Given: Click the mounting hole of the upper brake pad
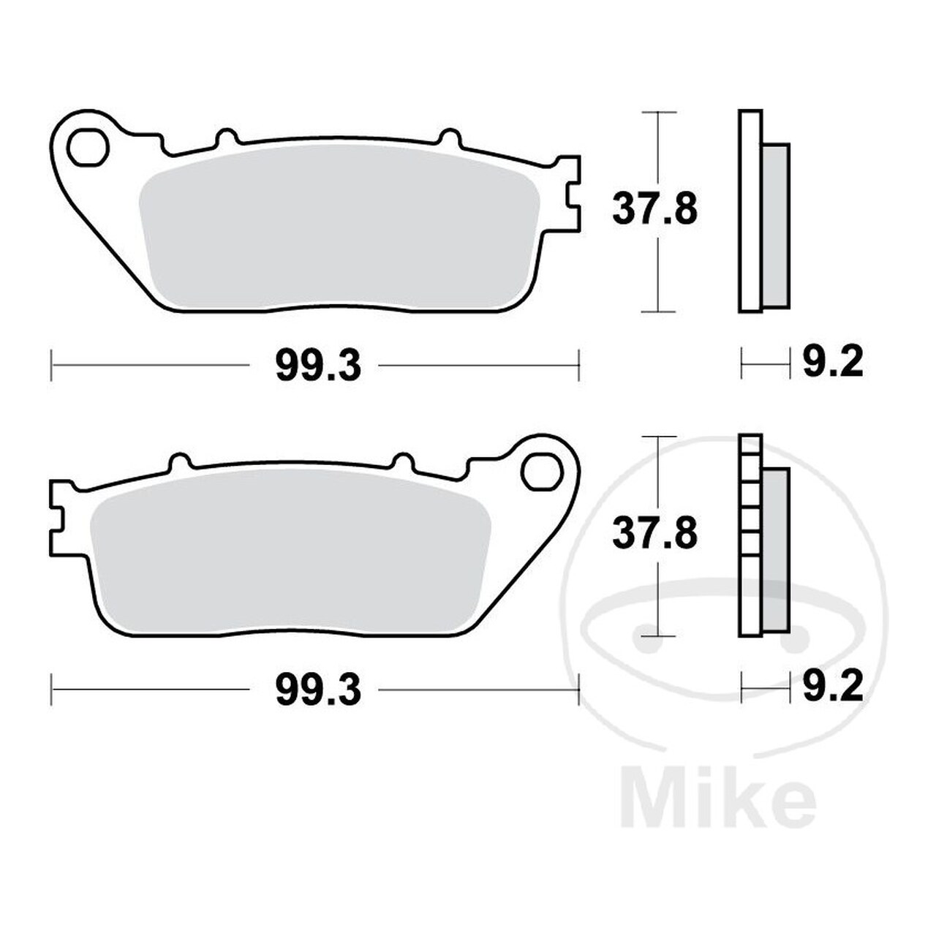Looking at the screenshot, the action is (88, 148).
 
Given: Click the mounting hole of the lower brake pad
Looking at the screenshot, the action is (542, 471).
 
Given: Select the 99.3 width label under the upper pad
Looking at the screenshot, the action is (319, 366).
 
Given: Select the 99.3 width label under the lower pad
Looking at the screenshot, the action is (319, 690).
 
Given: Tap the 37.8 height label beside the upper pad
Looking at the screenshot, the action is (654, 209).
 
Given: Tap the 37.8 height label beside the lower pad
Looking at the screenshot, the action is (654, 533).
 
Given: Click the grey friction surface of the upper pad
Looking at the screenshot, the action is (339, 228).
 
